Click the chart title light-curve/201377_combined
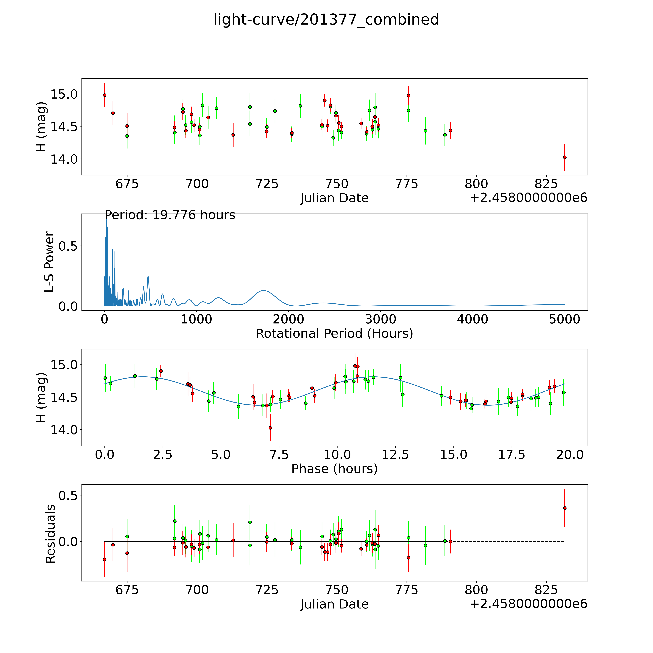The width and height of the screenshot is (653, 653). (326, 20)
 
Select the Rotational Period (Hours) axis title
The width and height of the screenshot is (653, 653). (334, 334)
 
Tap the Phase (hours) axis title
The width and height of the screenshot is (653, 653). (334, 469)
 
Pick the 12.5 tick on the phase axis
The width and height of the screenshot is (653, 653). (395, 455)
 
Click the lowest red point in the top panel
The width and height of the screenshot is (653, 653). (564, 157)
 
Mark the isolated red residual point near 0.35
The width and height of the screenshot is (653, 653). (564, 508)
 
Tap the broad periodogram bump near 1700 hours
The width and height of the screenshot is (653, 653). (263, 291)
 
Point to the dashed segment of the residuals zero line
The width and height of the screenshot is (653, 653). (507, 542)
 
